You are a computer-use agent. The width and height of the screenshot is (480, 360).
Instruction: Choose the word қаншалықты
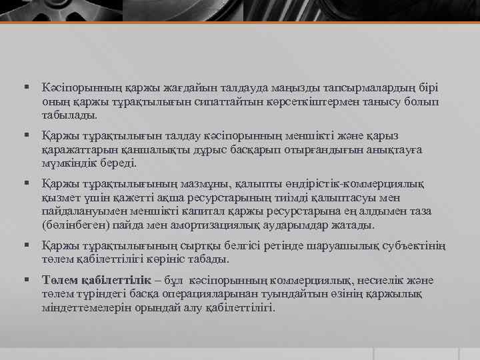[144, 150]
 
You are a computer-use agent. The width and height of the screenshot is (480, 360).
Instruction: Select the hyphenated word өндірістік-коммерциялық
[363, 183]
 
